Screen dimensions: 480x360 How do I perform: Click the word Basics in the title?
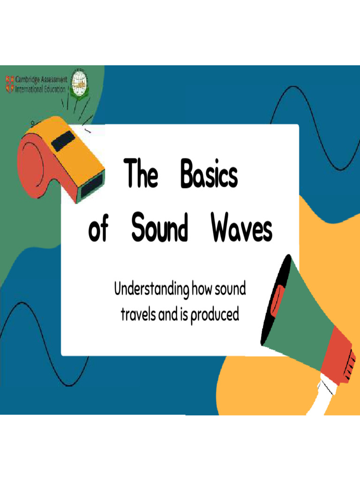(209, 175)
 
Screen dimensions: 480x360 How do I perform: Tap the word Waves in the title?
(241, 229)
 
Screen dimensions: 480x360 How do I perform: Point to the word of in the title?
(98, 230)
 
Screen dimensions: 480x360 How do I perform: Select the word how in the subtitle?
(202, 290)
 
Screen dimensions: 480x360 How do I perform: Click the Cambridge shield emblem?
(10, 83)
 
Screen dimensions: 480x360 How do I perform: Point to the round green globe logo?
(80, 85)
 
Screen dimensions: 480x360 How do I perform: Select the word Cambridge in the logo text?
(30, 80)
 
